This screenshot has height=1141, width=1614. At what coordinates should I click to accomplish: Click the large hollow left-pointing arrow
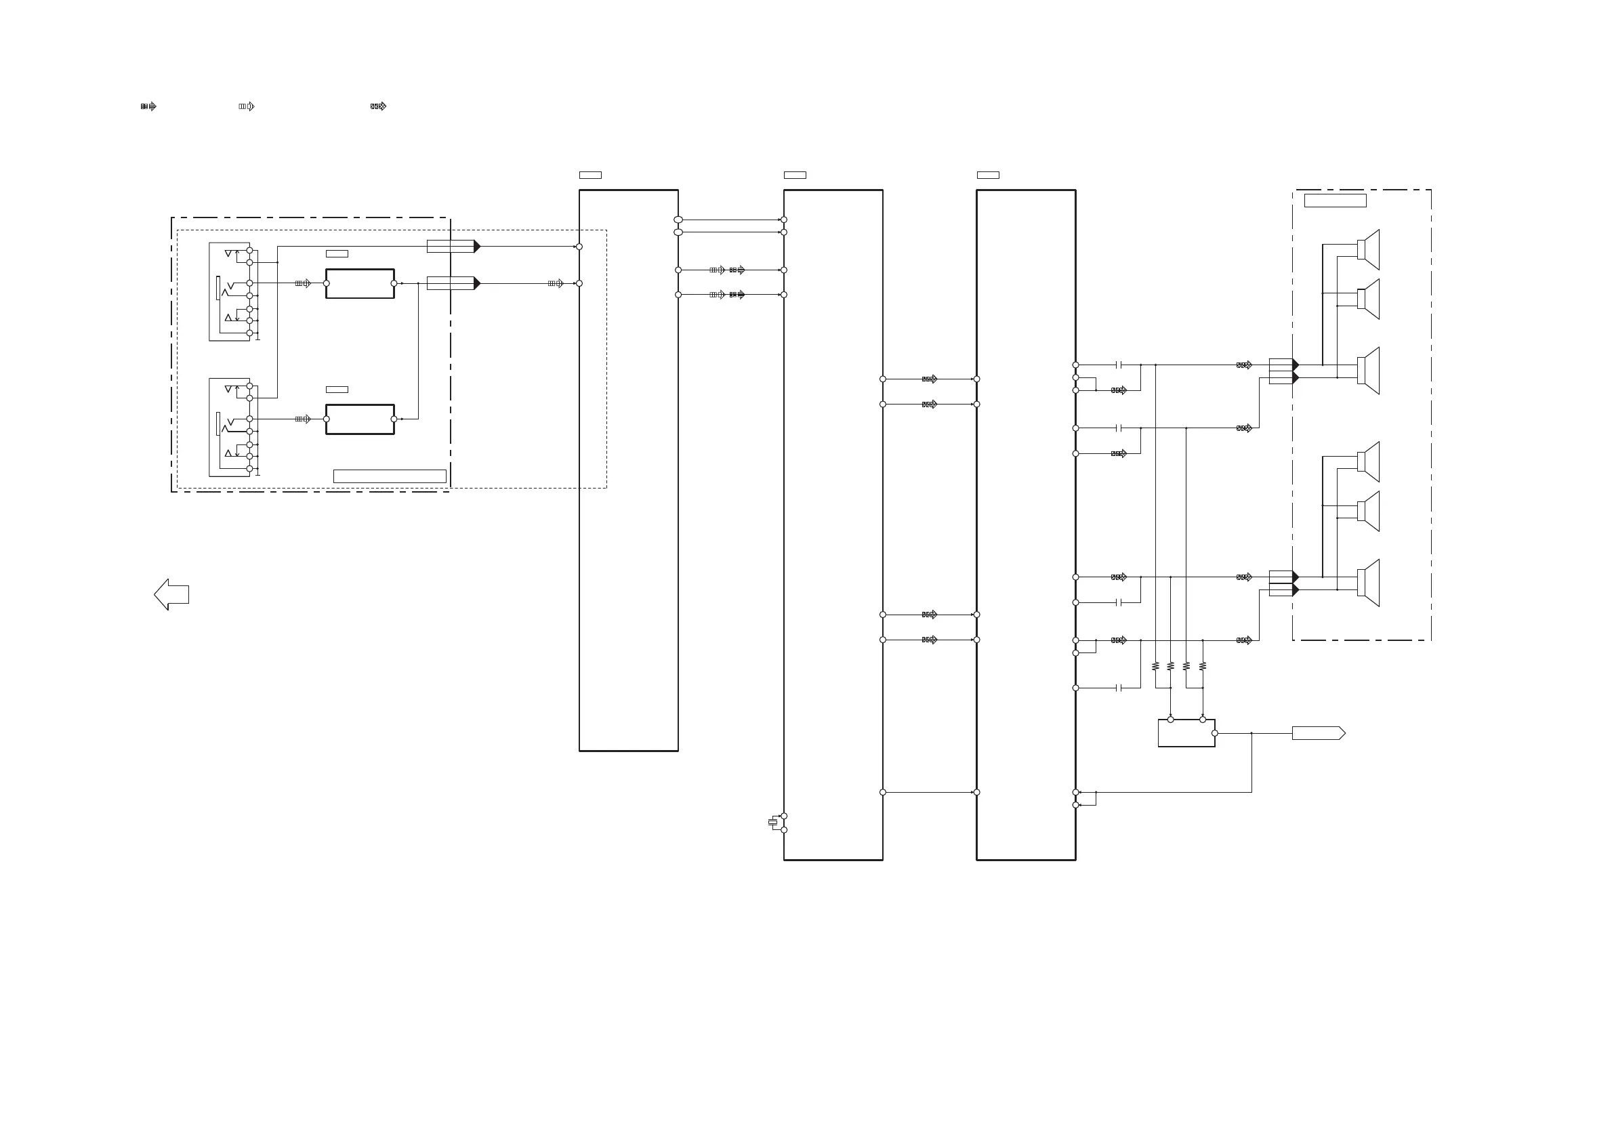tap(171, 595)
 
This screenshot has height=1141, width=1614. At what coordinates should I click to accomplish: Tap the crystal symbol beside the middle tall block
tap(772, 822)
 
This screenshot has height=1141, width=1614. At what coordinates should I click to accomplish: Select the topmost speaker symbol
tap(1368, 249)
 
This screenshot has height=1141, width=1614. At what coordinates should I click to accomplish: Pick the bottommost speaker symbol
tap(1368, 583)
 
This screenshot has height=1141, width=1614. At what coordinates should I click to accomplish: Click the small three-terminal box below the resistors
tap(1186, 733)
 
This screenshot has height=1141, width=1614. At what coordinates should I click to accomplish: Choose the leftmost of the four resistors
tap(1155, 666)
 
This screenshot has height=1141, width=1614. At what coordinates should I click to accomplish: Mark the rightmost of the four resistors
tap(1203, 666)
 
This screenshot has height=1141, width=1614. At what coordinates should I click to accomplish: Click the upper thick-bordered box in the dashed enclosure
tap(360, 284)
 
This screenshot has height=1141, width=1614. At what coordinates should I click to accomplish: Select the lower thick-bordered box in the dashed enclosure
tap(360, 419)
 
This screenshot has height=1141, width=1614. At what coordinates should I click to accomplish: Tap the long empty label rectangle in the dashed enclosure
tap(390, 476)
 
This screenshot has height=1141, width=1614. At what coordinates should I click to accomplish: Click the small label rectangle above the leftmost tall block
tap(589, 175)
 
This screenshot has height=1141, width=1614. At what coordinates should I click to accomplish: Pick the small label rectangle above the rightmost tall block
tap(988, 175)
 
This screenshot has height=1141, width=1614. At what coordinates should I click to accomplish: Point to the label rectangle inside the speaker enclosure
tap(1335, 201)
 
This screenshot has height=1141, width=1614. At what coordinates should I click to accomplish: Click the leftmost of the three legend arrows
tap(148, 107)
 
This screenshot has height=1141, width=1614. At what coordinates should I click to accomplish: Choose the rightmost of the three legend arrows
tap(378, 107)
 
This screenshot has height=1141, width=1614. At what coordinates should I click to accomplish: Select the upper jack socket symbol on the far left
tap(230, 292)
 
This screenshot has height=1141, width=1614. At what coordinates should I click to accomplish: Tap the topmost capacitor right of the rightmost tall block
tap(1119, 365)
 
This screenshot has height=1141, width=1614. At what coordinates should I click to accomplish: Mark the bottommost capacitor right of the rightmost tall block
tap(1119, 688)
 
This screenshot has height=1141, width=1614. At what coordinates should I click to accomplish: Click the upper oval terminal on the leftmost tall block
tap(678, 220)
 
